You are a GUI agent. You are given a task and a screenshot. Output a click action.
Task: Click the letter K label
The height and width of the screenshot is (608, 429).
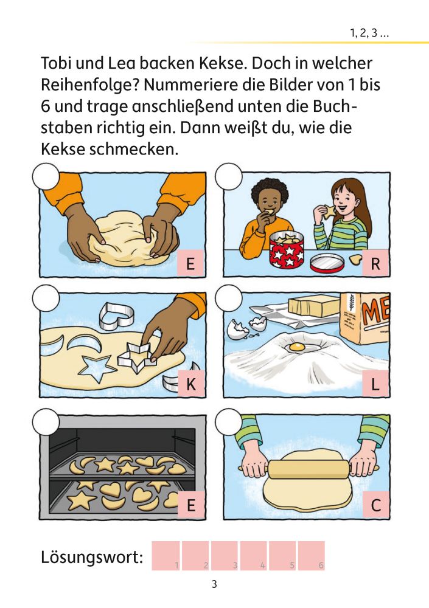(x=190, y=384)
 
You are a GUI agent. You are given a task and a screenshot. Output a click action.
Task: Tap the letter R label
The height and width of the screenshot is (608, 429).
(x=375, y=263)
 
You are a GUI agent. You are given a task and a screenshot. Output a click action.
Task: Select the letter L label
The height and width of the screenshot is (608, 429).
(x=375, y=384)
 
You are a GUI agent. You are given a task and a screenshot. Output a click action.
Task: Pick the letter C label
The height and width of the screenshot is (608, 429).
(x=375, y=505)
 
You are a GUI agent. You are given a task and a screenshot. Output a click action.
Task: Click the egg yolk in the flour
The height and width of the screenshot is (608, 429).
(x=297, y=347)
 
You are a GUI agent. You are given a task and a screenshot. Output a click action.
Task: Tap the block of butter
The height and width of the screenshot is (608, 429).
(x=314, y=306)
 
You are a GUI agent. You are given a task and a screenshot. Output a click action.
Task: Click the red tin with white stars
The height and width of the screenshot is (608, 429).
(x=287, y=249)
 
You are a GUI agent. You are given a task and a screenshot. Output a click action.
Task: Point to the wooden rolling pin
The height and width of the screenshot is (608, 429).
(x=309, y=469)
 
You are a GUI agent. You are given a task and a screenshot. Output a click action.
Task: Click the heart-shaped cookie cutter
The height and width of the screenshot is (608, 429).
(x=116, y=315)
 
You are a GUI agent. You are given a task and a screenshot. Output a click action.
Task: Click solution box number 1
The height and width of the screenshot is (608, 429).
(x=166, y=556)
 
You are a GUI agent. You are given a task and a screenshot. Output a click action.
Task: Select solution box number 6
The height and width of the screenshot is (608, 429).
(x=311, y=556)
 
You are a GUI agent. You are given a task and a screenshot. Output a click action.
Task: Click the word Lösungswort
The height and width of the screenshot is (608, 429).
(x=92, y=557)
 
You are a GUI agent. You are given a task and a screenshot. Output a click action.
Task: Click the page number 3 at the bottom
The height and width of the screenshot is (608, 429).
(x=214, y=584)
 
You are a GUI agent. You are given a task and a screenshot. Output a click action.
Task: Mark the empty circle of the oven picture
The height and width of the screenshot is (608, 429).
(x=46, y=421)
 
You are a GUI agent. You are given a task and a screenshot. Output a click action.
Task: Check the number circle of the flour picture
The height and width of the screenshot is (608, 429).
(x=229, y=298)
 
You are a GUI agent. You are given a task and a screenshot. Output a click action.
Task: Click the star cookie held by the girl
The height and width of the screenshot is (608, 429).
(x=330, y=210)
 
